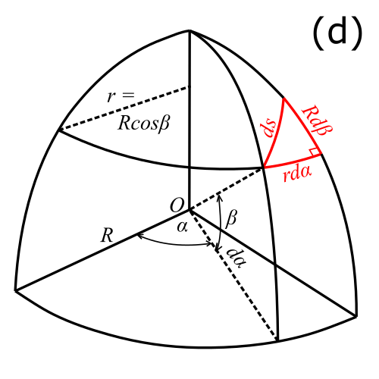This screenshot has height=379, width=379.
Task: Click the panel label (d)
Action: click(x=337, y=33)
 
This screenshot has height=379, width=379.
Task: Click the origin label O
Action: click(x=177, y=205)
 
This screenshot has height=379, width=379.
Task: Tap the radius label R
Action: click(x=107, y=235)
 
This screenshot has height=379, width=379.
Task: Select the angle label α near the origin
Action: click(x=183, y=227)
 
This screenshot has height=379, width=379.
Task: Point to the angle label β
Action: click(x=231, y=219)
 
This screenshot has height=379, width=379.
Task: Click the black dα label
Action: click(x=236, y=258)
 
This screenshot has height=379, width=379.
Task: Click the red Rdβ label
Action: click(x=317, y=121)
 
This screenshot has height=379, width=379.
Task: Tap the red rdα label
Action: click(x=297, y=174)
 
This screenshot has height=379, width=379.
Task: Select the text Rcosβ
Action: click(x=143, y=123)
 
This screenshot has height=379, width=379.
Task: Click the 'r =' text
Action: click(x=121, y=96)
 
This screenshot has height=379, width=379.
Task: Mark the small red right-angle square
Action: click(x=314, y=152)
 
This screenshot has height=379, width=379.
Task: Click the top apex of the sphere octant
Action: click(x=189, y=30)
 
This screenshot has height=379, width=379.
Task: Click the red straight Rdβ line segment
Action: click(x=302, y=126)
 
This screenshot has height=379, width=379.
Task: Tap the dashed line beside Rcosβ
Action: click(x=124, y=108)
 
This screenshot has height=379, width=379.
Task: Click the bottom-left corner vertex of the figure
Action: click(x=16, y=290)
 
